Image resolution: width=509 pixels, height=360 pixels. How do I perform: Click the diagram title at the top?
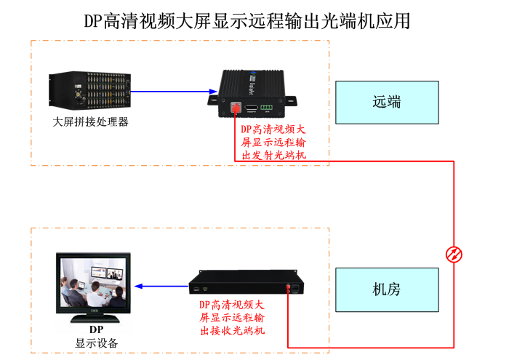pos(247,20)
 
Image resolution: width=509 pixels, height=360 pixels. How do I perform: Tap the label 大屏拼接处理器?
pos(91,121)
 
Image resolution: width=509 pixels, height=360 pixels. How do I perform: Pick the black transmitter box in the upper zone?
pos(262,94)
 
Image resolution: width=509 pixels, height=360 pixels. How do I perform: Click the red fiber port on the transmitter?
pos(236,108)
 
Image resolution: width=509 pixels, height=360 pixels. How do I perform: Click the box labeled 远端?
pos(387,103)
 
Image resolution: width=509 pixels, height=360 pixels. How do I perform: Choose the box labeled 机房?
pos(387,289)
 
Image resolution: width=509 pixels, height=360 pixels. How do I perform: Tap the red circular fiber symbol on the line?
pos(454,254)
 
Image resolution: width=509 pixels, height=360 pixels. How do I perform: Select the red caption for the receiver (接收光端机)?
pos(233,318)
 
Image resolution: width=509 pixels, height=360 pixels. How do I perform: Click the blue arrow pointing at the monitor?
pos(161,286)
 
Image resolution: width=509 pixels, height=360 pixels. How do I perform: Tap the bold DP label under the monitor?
pos(96,330)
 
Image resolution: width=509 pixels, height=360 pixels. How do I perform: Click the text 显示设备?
pos(96,343)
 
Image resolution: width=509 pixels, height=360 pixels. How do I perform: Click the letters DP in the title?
pos(93,20)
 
